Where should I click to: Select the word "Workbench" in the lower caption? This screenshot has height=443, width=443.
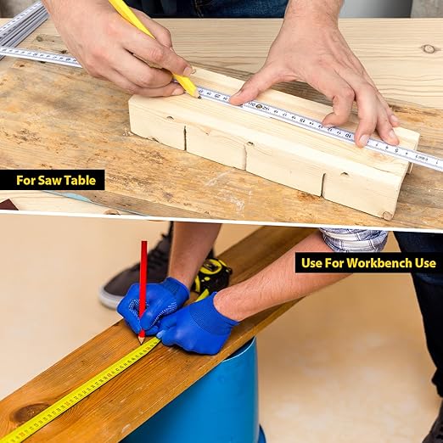(x=379, y=263)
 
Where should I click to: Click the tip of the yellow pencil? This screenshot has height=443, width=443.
(x=199, y=97)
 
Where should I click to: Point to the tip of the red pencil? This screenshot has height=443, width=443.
(x=141, y=343)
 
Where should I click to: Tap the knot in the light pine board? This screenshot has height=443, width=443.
(x=429, y=48)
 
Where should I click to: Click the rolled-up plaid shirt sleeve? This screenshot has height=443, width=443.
(x=354, y=239)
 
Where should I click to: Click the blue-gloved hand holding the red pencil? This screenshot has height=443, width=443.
(x=153, y=306)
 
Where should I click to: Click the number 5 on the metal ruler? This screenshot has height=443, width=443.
(x=396, y=150)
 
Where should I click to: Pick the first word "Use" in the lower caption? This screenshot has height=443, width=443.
(x=311, y=263)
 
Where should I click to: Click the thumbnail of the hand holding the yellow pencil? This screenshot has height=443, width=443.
(x=188, y=70)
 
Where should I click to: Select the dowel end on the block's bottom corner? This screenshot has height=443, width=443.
(x=387, y=216)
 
